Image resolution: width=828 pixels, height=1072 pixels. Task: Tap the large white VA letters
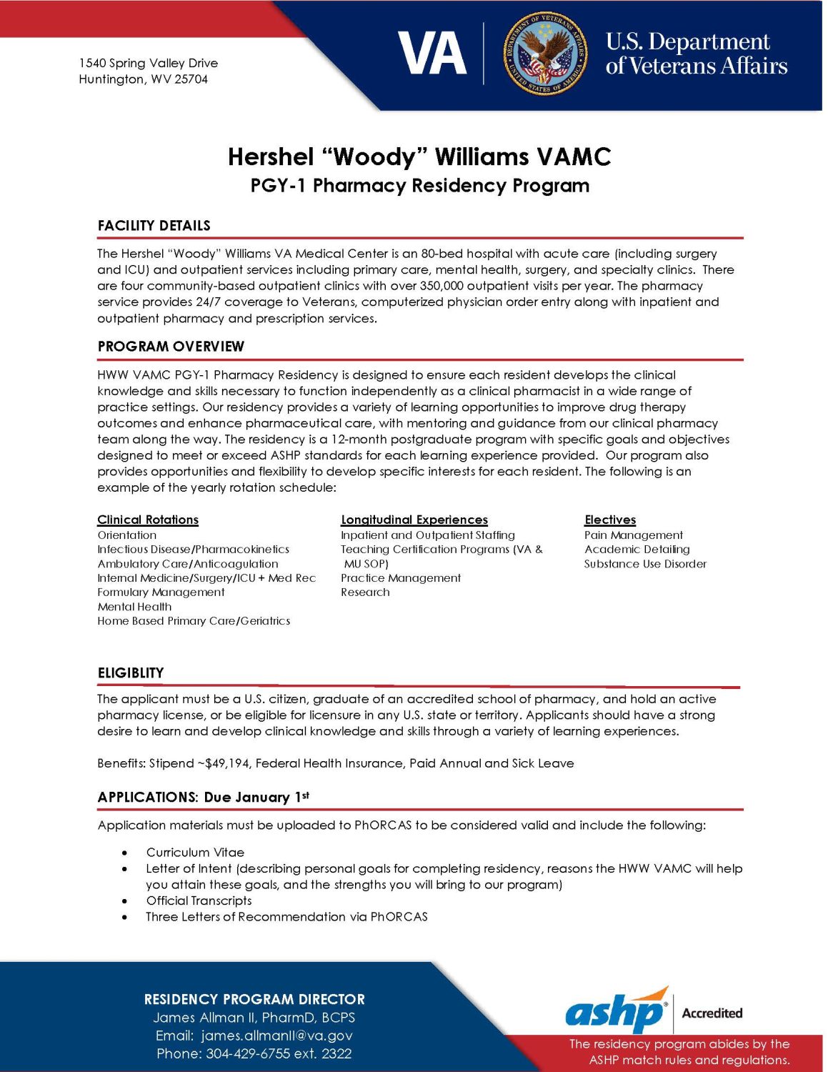point(432,54)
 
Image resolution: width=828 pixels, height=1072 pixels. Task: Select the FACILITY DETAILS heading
point(154,226)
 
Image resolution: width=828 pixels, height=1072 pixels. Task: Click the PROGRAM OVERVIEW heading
point(171,347)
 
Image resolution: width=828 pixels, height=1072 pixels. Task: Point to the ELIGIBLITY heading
point(131,673)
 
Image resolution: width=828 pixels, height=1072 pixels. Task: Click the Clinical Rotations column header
point(148,520)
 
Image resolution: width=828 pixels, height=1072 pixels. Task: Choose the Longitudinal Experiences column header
point(414,520)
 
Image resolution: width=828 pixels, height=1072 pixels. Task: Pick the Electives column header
point(610,520)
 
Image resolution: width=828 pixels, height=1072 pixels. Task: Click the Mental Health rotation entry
point(134,607)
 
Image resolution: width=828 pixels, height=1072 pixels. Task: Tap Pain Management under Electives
point(634,535)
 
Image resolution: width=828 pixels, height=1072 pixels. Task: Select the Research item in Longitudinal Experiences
point(365,592)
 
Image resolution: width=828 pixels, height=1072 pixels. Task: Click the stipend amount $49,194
point(227,763)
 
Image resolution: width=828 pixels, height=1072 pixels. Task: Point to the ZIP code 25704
point(191,79)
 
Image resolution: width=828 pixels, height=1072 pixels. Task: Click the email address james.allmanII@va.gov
point(277,1036)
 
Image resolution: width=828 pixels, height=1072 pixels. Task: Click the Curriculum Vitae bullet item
point(195,853)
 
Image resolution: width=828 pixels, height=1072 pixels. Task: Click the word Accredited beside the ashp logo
point(712,1013)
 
